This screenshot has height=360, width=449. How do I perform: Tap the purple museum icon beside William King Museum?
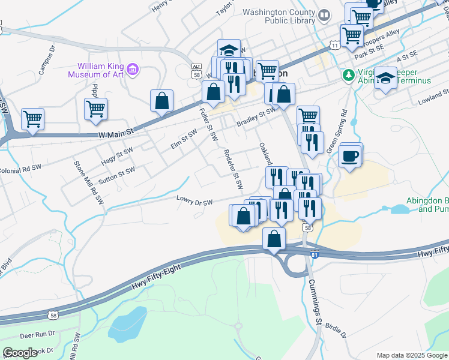click(x=133, y=70)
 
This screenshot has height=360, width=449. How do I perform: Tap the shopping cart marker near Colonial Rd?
click(x=32, y=118)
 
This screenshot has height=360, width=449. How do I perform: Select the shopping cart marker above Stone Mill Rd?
click(x=95, y=109)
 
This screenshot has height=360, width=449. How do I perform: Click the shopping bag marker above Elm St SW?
click(x=161, y=100)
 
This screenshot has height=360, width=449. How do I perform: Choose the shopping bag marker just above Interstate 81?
click(x=274, y=238)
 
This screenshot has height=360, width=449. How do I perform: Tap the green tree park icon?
click(x=348, y=76)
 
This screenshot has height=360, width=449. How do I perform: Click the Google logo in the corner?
click(x=20, y=353)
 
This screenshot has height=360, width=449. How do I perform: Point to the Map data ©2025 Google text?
click(x=411, y=355)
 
